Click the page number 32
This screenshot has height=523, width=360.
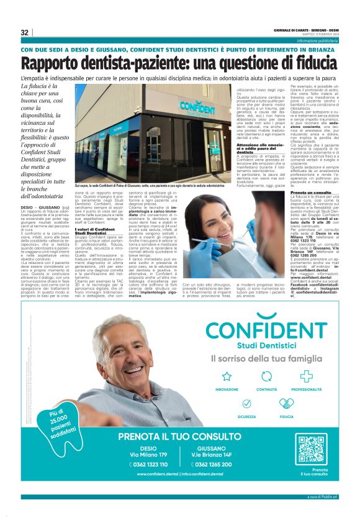click(25, 32)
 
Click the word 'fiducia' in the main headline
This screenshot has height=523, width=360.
click(307, 63)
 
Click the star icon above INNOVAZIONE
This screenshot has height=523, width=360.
click(227, 376)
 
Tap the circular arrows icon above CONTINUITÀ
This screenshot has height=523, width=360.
click(266, 376)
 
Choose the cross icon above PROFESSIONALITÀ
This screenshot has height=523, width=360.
click(306, 376)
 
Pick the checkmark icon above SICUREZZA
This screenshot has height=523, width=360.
click(246, 404)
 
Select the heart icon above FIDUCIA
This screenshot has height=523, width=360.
click(286, 404)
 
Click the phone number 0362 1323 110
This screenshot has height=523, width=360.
click(149, 464)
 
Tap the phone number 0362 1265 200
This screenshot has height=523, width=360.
click(214, 464)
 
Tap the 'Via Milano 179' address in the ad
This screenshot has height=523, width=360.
click(149, 455)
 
